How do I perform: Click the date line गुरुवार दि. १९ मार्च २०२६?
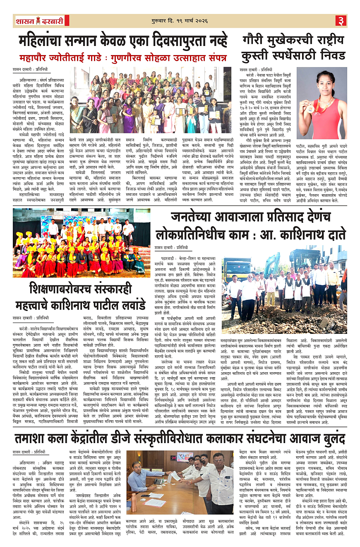pyautogui.click(x=180, y=20)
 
